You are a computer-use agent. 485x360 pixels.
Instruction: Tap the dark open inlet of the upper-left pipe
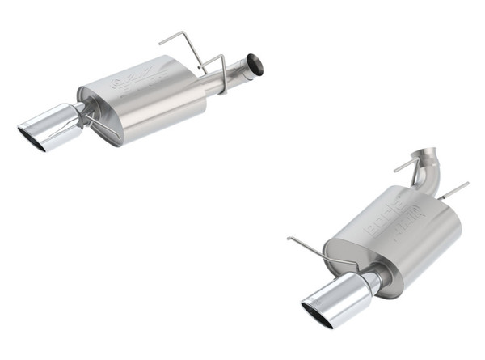click(255, 64)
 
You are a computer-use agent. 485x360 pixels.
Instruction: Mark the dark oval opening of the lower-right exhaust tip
click(316, 316)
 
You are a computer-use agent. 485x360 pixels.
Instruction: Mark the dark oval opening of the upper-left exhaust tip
click(32, 140)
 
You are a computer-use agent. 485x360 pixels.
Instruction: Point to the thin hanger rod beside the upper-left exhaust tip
click(103, 127)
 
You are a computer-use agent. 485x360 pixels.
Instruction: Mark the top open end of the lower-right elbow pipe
click(427, 151)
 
